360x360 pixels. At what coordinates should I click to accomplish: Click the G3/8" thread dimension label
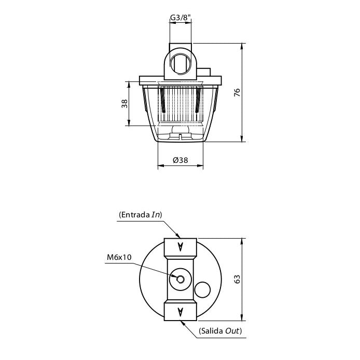pyautogui.click(x=180, y=18)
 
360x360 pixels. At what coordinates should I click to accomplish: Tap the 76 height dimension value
pyautogui.click(x=237, y=93)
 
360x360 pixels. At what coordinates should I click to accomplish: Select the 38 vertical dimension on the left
pyautogui.click(x=124, y=103)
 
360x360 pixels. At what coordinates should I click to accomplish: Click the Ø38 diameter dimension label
pyautogui.click(x=180, y=160)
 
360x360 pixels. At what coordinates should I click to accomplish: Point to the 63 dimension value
pyautogui.click(x=237, y=279)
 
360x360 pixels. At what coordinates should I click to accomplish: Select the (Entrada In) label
pyautogui.click(x=141, y=214)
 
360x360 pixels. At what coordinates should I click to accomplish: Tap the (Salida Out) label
pyautogui.click(x=220, y=330)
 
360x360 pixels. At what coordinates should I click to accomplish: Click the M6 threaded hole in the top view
pyautogui.click(x=181, y=279)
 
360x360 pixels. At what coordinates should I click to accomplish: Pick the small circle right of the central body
pyautogui.click(x=202, y=289)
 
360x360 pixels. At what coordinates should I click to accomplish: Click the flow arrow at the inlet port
pyautogui.click(x=180, y=247)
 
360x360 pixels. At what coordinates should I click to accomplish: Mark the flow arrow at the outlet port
pyautogui.click(x=180, y=311)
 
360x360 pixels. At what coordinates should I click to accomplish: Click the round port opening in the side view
pyautogui.click(x=180, y=62)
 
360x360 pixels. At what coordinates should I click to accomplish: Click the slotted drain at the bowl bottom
pyautogui.click(x=180, y=136)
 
